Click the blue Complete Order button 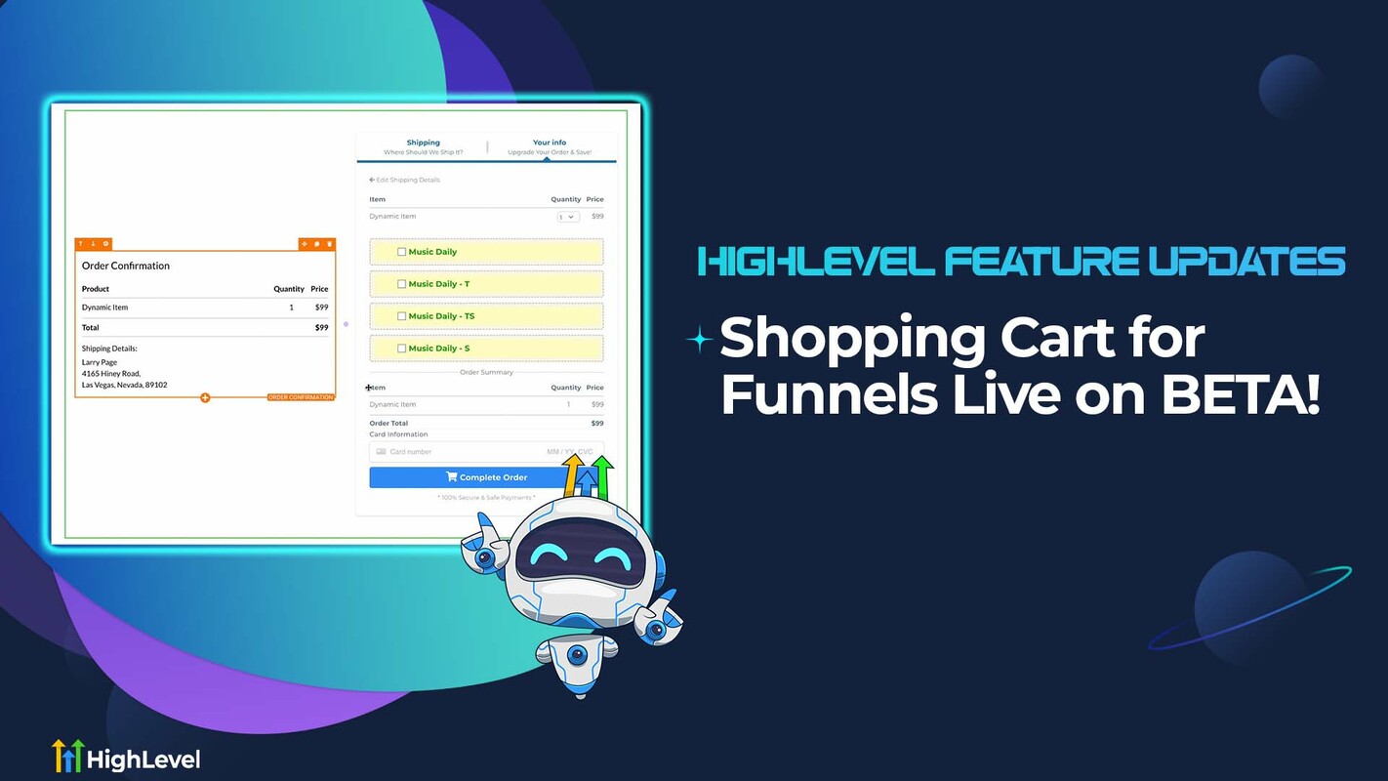pyautogui.click(x=469, y=477)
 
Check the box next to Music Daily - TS pyautogui.click(x=402, y=316)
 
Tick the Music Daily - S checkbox pyautogui.click(x=402, y=349)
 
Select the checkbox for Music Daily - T pyautogui.click(x=402, y=284)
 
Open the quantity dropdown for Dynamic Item pyautogui.click(x=567, y=217)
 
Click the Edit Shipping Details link pyautogui.click(x=405, y=180)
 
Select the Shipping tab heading pyautogui.click(x=423, y=144)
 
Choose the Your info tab pyautogui.click(x=550, y=144)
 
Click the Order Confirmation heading pyautogui.click(x=126, y=266)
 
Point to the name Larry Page pyautogui.click(x=100, y=362)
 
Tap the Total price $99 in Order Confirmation pyautogui.click(x=321, y=328)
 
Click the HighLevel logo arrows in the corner pyautogui.click(x=66, y=757)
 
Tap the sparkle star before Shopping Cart pyautogui.click(x=700, y=340)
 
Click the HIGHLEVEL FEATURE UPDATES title pyautogui.click(x=1022, y=262)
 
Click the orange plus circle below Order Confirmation pyautogui.click(x=205, y=397)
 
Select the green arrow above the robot pyautogui.click(x=604, y=475)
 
